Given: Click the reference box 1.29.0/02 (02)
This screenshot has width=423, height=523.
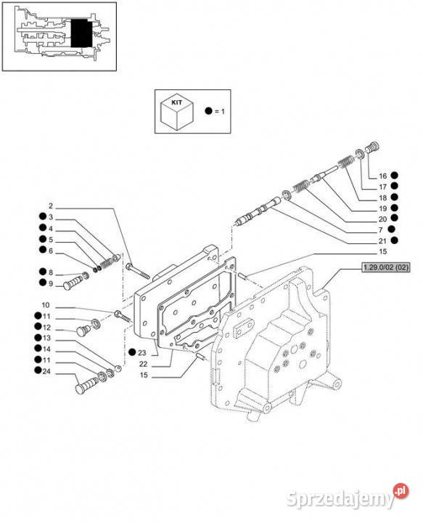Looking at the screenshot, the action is pyautogui.click(x=386, y=267).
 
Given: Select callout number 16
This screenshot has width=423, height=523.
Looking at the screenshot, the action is pyautogui.click(x=382, y=176).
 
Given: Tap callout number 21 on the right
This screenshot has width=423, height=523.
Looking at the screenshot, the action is pyautogui.click(x=382, y=241).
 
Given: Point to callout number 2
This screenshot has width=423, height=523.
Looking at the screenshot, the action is pyautogui.click(x=51, y=206).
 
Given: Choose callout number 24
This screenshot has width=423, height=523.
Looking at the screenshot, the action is pyautogui.click(x=46, y=371).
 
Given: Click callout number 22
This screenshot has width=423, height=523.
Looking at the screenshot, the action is pyautogui.click(x=143, y=364).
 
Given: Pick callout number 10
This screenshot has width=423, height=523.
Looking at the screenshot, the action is pyautogui.click(x=46, y=305).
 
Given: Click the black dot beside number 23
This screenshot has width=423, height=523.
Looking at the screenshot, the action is pyautogui.click(x=132, y=352).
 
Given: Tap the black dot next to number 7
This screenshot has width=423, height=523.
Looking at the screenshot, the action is pyautogui.click(x=392, y=229).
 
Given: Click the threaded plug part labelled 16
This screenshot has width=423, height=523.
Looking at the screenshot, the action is pyautogui.click(x=372, y=147).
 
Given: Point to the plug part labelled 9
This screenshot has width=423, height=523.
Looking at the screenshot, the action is pyautogui.click(x=75, y=281).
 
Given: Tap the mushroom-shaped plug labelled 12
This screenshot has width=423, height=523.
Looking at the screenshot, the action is pyautogui.click(x=83, y=330).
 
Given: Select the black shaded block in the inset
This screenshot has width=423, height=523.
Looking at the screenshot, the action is pyautogui.click(x=81, y=33).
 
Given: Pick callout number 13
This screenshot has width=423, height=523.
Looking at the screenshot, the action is pyautogui.click(x=46, y=338).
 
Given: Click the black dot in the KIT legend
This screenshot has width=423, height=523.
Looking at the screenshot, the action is pyautogui.click(x=208, y=111).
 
